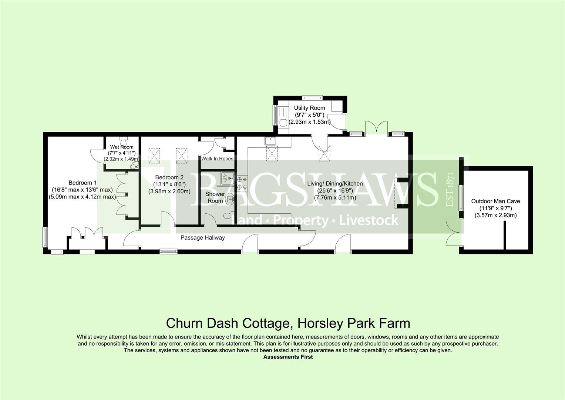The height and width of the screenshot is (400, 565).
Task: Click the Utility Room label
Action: [309, 108]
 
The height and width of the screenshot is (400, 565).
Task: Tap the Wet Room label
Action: [121, 147]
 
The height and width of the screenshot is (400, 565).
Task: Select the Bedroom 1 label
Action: [80, 183]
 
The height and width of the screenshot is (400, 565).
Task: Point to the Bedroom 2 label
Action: [169, 177]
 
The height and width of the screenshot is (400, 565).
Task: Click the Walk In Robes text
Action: [217, 159]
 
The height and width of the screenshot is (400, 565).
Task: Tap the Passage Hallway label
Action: [202, 237]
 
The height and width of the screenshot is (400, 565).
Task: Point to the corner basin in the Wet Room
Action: [135, 165]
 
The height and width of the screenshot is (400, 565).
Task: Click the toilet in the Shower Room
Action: [227, 216]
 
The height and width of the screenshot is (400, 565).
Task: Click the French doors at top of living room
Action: [377, 127]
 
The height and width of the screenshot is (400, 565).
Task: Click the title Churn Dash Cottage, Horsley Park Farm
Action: [288, 323]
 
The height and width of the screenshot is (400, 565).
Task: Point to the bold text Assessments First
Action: [288, 357]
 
